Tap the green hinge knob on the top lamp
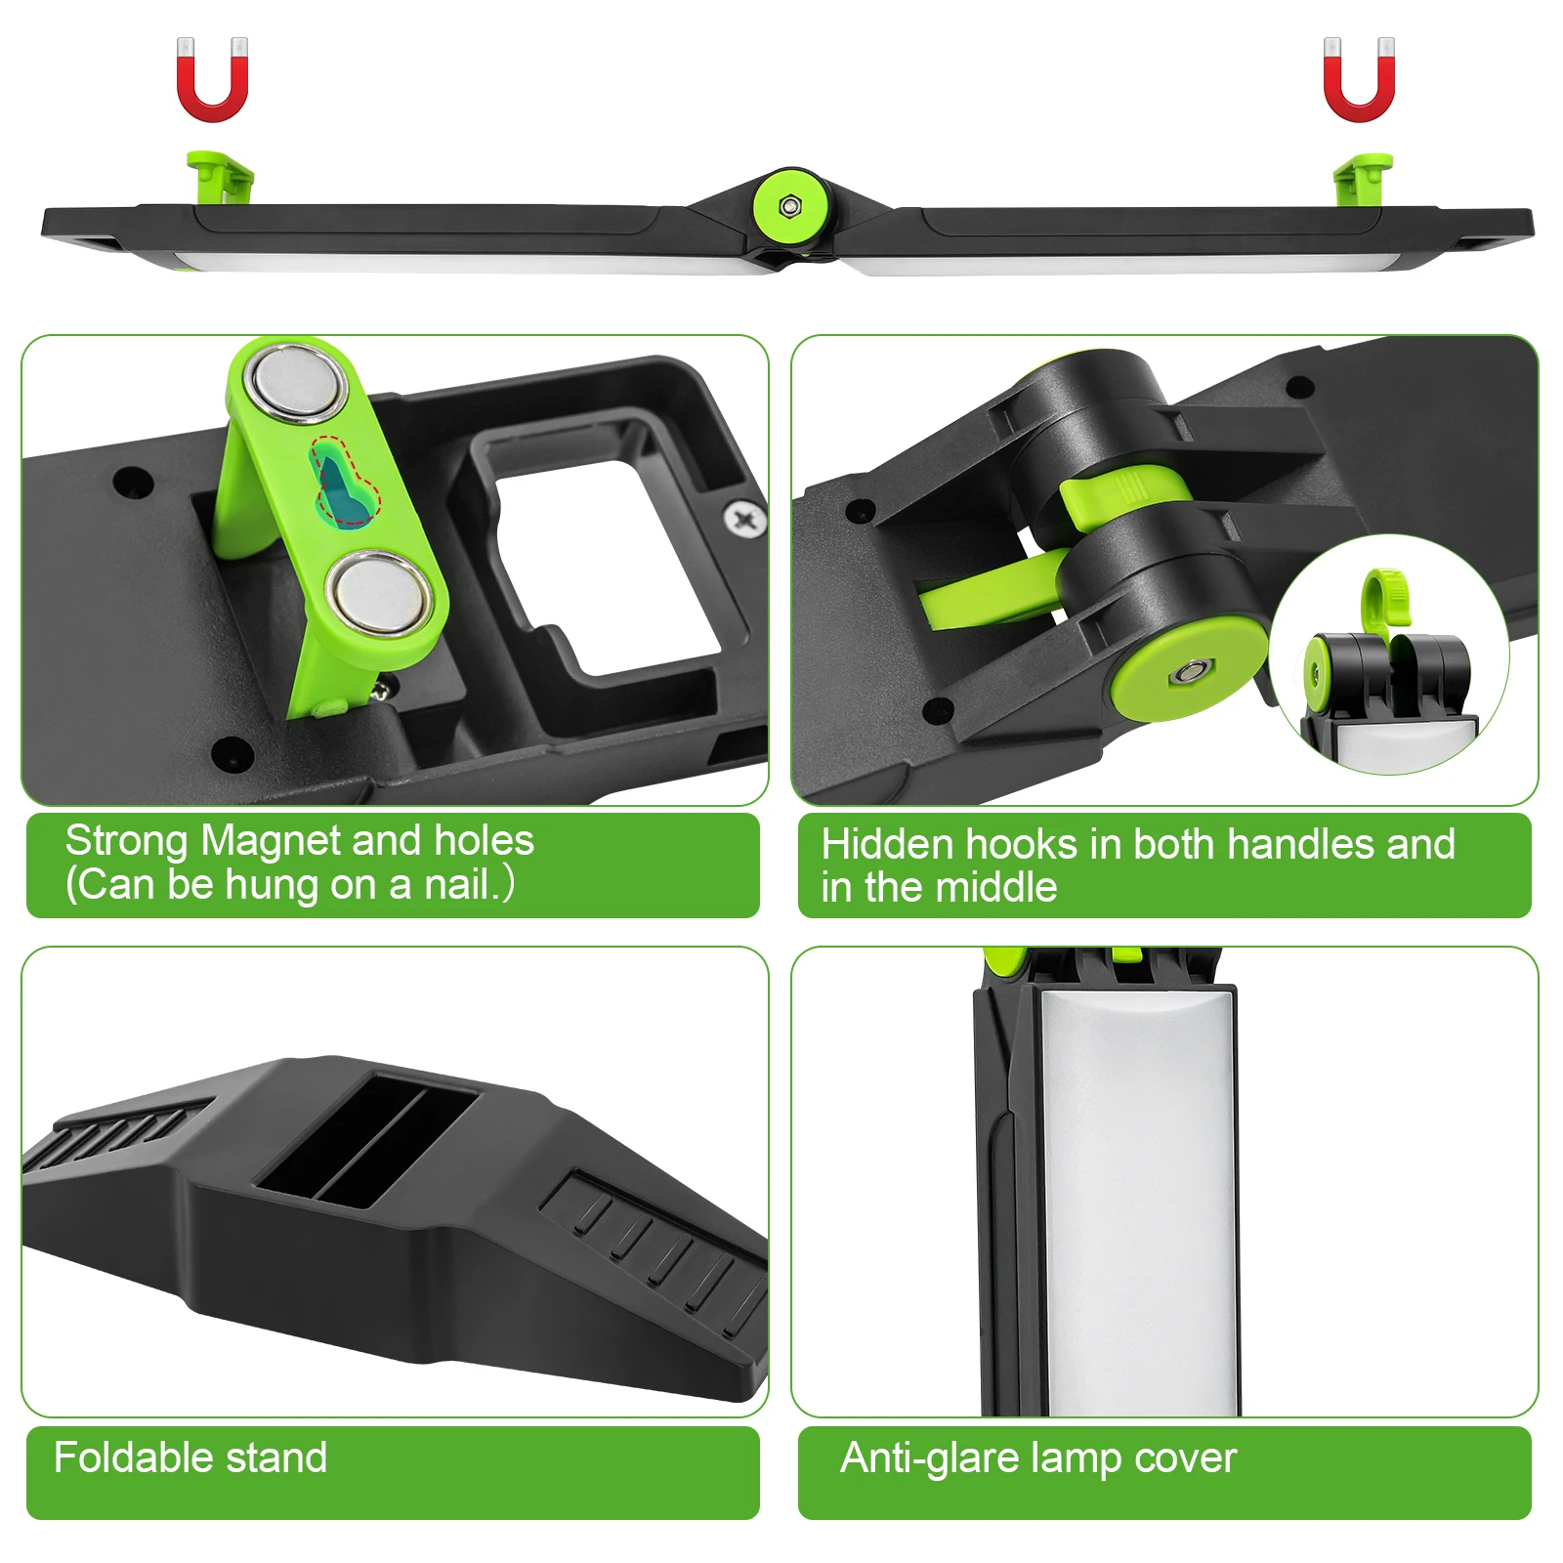pyautogui.click(x=790, y=206)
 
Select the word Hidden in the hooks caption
pyautogui.click(x=886, y=845)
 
